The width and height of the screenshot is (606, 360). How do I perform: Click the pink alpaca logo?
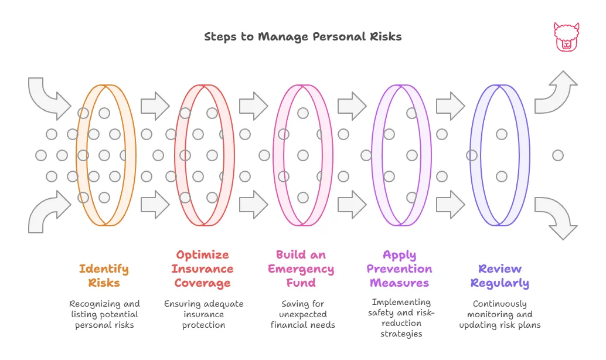[566, 37]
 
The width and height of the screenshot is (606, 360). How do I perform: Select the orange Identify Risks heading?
[104, 276]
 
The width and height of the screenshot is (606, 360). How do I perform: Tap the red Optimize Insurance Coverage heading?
[202, 269]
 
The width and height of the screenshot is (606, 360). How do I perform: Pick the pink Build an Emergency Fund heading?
[301, 269]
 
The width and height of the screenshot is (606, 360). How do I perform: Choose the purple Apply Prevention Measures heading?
[399, 269]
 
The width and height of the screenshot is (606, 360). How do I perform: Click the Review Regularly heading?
[500, 276]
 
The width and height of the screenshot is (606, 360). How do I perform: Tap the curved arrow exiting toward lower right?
[557, 217]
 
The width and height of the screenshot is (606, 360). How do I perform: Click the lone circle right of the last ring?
[558, 155]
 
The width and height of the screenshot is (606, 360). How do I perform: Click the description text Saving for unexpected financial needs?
[302, 314]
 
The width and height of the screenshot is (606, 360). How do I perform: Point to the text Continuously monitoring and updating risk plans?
[500, 314]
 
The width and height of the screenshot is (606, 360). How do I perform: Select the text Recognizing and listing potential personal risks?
[104, 314]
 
